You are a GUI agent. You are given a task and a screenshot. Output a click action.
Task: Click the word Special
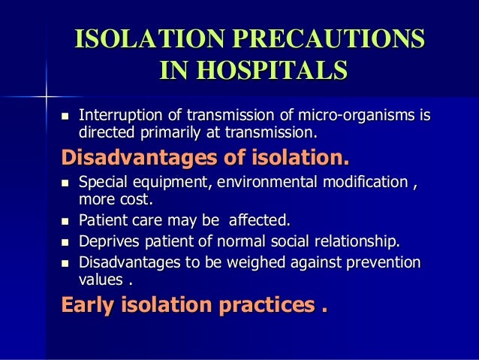tap(101, 184)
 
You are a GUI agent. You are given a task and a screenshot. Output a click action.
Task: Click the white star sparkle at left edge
tap(46, 95)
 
